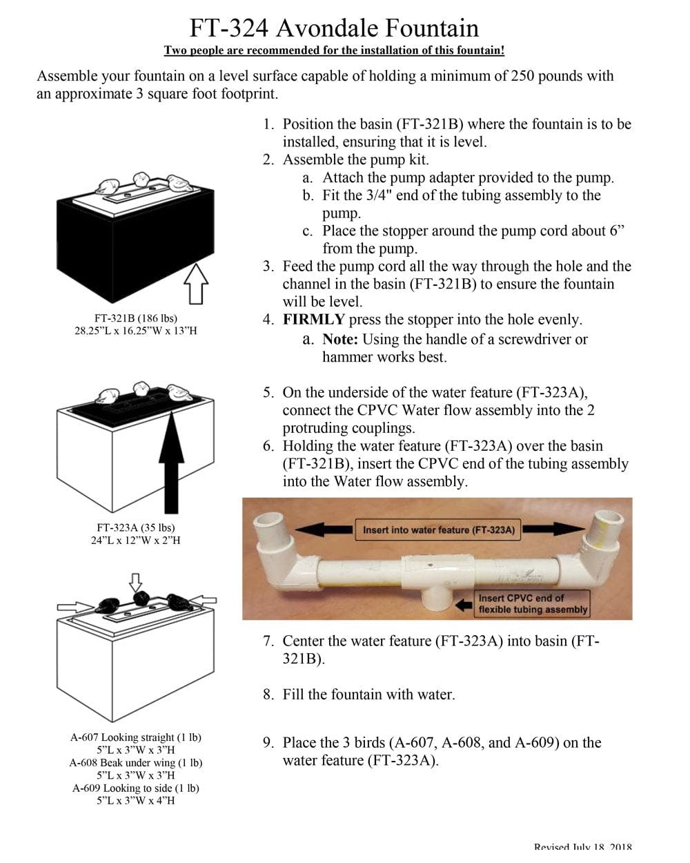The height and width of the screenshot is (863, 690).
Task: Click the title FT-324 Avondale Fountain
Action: pyautogui.click(x=334, y=28)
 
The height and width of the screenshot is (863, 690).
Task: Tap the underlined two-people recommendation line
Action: pyautogui.click(x=334, y=50)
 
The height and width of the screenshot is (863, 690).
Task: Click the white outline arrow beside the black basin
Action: pyautogui.click(x=197, y=282)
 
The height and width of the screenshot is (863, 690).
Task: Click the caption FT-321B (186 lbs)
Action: pyautogui.click(x=136, y=318)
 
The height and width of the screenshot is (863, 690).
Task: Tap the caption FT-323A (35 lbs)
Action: pyautogui.click(x=136, y=527)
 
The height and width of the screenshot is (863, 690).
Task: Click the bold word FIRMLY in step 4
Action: pyautogui.click(x=313, y=320)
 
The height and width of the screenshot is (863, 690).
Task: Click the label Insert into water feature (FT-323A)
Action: pyautogui.click(x=439, y=530)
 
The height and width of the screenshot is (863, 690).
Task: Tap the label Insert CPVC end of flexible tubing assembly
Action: pyautogui.click(x=532, y=603)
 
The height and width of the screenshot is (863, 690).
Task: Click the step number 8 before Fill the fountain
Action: pyautogui.click(x=268, y=695)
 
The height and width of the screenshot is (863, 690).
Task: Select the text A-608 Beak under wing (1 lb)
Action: pyautogui.click(x=136, y=763)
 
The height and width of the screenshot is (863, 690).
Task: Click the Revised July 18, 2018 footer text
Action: pyautogui.click(x=582, y=847)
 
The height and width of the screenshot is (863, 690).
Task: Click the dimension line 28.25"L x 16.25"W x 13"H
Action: pyautogui.click(x=136, y=331)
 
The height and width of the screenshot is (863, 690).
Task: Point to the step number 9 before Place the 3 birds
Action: pyautogui.click(x=268, y=743)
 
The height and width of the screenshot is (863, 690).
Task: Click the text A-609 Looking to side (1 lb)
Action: pyautogui.click(x=136, y=788)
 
